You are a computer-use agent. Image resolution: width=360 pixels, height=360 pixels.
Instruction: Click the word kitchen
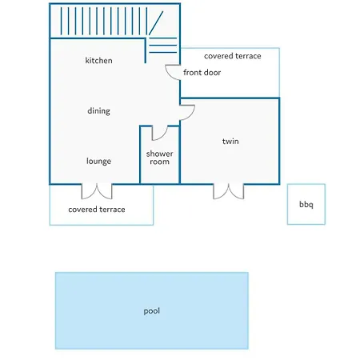click(98, 61)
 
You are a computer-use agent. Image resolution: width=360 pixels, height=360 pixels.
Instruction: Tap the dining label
click(98, 111)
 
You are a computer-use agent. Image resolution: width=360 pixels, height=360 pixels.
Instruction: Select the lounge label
click(98, 161)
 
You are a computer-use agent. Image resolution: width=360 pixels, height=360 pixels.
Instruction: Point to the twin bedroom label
click(230, 141)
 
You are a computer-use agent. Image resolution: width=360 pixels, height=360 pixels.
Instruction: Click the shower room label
click(159, 158)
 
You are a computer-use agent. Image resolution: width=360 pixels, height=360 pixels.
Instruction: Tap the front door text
click(202, 72)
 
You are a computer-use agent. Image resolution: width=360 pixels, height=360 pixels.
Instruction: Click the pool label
click(152, 311)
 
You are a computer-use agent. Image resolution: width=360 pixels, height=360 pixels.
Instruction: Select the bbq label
click(306, 205)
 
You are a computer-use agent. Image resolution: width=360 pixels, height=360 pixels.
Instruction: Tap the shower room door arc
click(162, 136)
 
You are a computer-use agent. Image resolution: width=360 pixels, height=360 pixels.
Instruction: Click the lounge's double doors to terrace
click(97, 191)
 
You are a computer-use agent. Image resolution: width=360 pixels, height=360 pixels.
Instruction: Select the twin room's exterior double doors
click(229, 191)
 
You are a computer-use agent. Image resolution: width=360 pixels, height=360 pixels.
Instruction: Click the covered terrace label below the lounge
click(97, 210)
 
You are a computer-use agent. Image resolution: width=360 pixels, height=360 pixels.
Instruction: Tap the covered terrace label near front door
click(233, 56)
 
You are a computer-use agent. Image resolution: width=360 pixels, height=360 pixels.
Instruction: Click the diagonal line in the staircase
click(156, 23)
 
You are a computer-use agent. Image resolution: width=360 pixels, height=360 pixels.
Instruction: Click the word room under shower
click(159, 162)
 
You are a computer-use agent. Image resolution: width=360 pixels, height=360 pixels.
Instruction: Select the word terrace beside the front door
click(247, 56)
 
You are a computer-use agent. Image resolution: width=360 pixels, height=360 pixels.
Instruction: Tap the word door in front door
click(211, 72)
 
